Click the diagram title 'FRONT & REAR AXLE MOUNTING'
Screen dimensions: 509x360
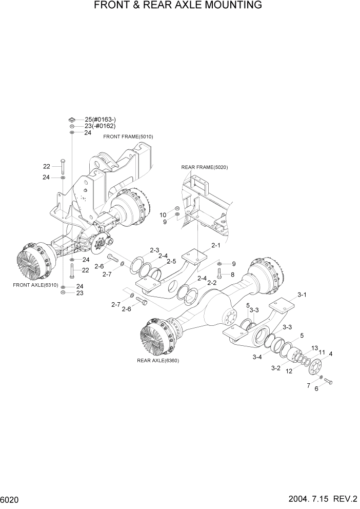178,6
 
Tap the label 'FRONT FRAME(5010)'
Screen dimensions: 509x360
128,137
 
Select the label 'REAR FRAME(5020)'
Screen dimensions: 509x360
204,167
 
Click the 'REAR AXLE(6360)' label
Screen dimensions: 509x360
158,360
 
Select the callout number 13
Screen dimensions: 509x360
314,347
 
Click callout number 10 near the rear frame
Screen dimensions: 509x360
163,214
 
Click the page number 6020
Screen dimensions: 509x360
10,499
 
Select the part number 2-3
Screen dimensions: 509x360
154,250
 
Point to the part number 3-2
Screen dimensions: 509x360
275,367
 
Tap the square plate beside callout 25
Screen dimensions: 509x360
72,119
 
